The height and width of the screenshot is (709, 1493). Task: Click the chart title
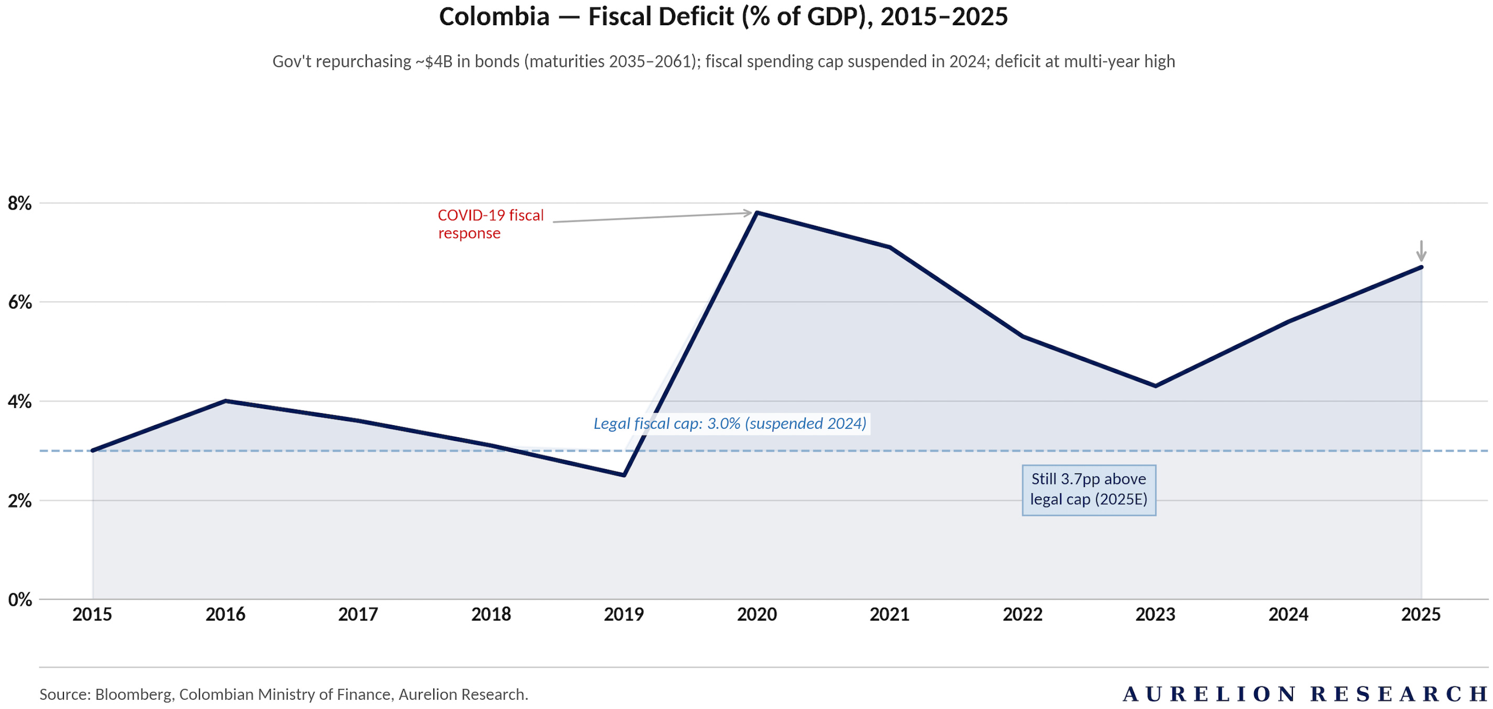pos(723,16)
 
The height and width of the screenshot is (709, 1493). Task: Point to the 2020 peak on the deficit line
pos(757,213)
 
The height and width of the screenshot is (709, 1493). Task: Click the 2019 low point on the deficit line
pos(623,475)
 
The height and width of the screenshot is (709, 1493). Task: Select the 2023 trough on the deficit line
pos(1156,386)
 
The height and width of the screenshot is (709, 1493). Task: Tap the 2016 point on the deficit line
pos(225,401)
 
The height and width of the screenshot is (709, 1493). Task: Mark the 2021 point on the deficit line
pos(890,247)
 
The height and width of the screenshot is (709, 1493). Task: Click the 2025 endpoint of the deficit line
pos(1421,267)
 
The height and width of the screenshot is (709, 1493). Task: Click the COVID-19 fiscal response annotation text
pos(490,224)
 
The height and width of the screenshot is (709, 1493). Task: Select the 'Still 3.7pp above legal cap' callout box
pos(1089,490)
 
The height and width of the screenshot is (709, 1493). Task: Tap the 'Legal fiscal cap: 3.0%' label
pos(730,424)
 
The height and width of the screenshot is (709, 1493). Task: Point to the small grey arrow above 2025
pos(1421,250)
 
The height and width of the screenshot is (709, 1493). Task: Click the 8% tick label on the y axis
pos(20,203)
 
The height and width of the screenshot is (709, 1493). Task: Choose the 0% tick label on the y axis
pos(20,600)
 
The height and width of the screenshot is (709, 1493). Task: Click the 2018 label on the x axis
pos(491,615)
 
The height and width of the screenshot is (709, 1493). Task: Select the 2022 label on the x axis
pos(1023,615)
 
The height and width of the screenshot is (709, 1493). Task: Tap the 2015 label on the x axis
pos(92,615)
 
